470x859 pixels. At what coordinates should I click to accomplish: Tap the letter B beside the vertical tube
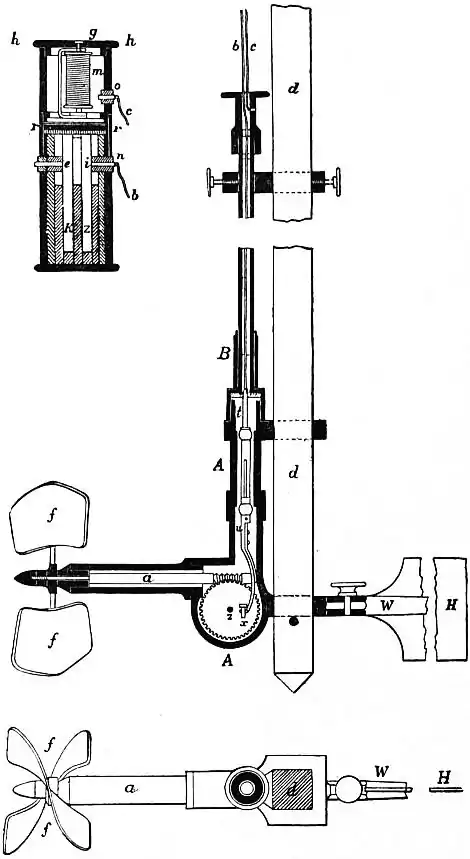coord(226,352)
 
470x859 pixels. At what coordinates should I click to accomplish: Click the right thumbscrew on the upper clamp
coord(335,185)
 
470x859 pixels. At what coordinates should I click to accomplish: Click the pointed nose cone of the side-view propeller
coord(30,580)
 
